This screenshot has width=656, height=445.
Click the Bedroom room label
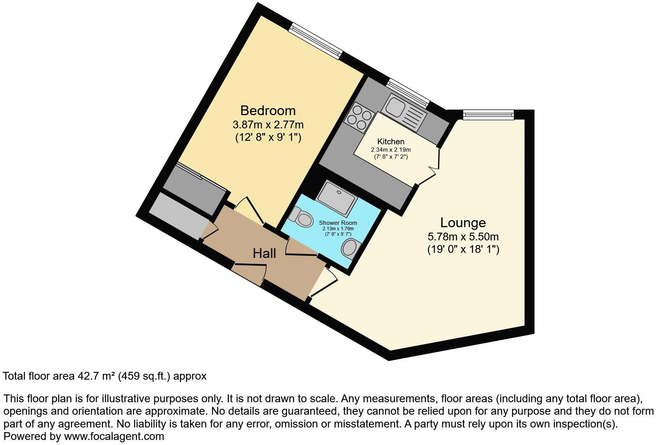coord(268,110)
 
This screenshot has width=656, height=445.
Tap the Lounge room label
coord(463,223)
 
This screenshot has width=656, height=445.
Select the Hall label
coord(264,253)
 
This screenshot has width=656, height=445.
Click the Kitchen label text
coord(391,142)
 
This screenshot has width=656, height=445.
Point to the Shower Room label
coord(338,223)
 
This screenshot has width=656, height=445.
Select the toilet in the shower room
coord(302,217)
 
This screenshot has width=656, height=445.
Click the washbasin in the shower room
coord(351,248)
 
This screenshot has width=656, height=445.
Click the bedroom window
coord(316,41)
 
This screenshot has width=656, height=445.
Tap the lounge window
coord(489,114)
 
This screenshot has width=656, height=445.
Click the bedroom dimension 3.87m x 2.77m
coord(268,125)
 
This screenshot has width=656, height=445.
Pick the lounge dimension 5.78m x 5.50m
coord(463,237)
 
